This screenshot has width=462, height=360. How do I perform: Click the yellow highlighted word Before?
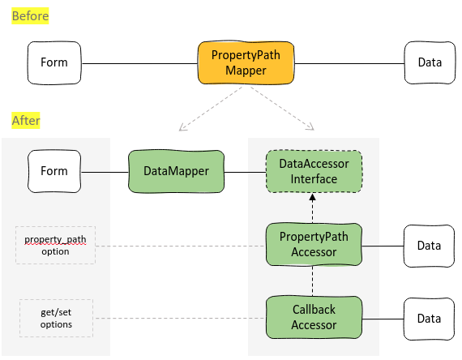point(30,16)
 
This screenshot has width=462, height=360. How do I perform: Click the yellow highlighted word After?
point(26,120)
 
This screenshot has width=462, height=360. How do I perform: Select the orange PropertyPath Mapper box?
point(246,62)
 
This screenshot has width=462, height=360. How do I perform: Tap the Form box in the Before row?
point(54,62)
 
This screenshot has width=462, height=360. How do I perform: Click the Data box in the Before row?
point(430,62)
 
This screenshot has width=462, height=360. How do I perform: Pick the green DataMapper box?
point(176,171)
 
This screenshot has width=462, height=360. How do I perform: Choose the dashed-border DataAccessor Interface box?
point(314,171)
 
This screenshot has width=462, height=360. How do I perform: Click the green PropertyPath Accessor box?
point(314,244)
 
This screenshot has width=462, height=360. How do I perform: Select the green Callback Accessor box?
point(314,317)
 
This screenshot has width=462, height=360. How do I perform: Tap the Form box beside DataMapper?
point(54,171)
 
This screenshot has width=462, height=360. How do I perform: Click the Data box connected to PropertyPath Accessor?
point(429,246)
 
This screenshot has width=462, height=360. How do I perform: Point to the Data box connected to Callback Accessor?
point(429,319)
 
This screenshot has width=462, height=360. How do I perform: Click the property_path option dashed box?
point(55,245)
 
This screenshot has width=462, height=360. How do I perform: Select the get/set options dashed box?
point(56,318)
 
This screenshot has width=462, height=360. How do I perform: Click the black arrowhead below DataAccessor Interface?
point(312,197)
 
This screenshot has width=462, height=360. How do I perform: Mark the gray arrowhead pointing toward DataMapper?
point(182,127)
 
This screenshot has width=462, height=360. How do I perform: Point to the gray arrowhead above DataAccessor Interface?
point(310,126)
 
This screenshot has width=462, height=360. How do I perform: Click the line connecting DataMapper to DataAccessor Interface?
point(245,172)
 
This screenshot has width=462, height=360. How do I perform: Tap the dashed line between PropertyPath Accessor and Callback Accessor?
point(312,281)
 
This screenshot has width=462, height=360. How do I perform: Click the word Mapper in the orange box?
point(246,71)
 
